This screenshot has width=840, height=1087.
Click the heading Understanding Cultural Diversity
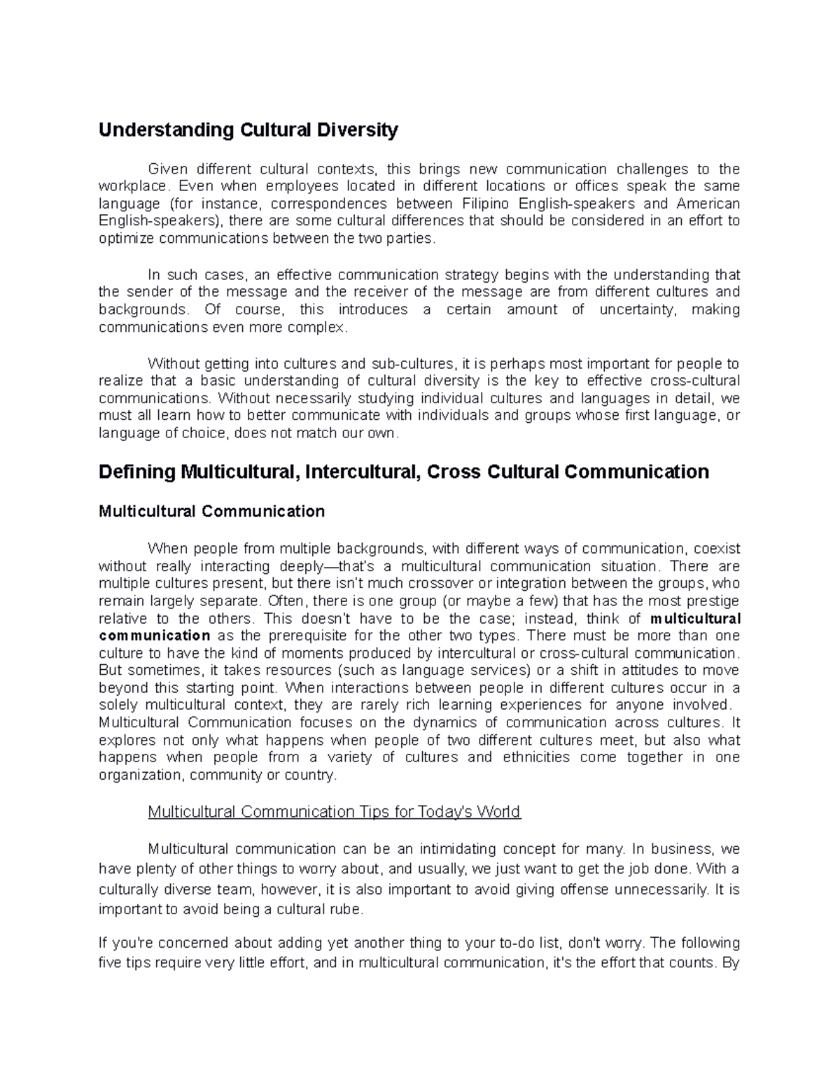click(248, 130)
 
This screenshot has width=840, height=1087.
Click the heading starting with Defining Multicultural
click(404, 472)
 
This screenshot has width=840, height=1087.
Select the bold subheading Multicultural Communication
click(211, 512)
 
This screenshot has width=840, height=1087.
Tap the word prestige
click(710, 601)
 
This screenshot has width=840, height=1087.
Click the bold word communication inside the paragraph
click(155, 636)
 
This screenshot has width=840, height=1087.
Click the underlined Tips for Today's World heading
click(335, 812)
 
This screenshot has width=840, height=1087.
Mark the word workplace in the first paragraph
click(132, 186)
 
